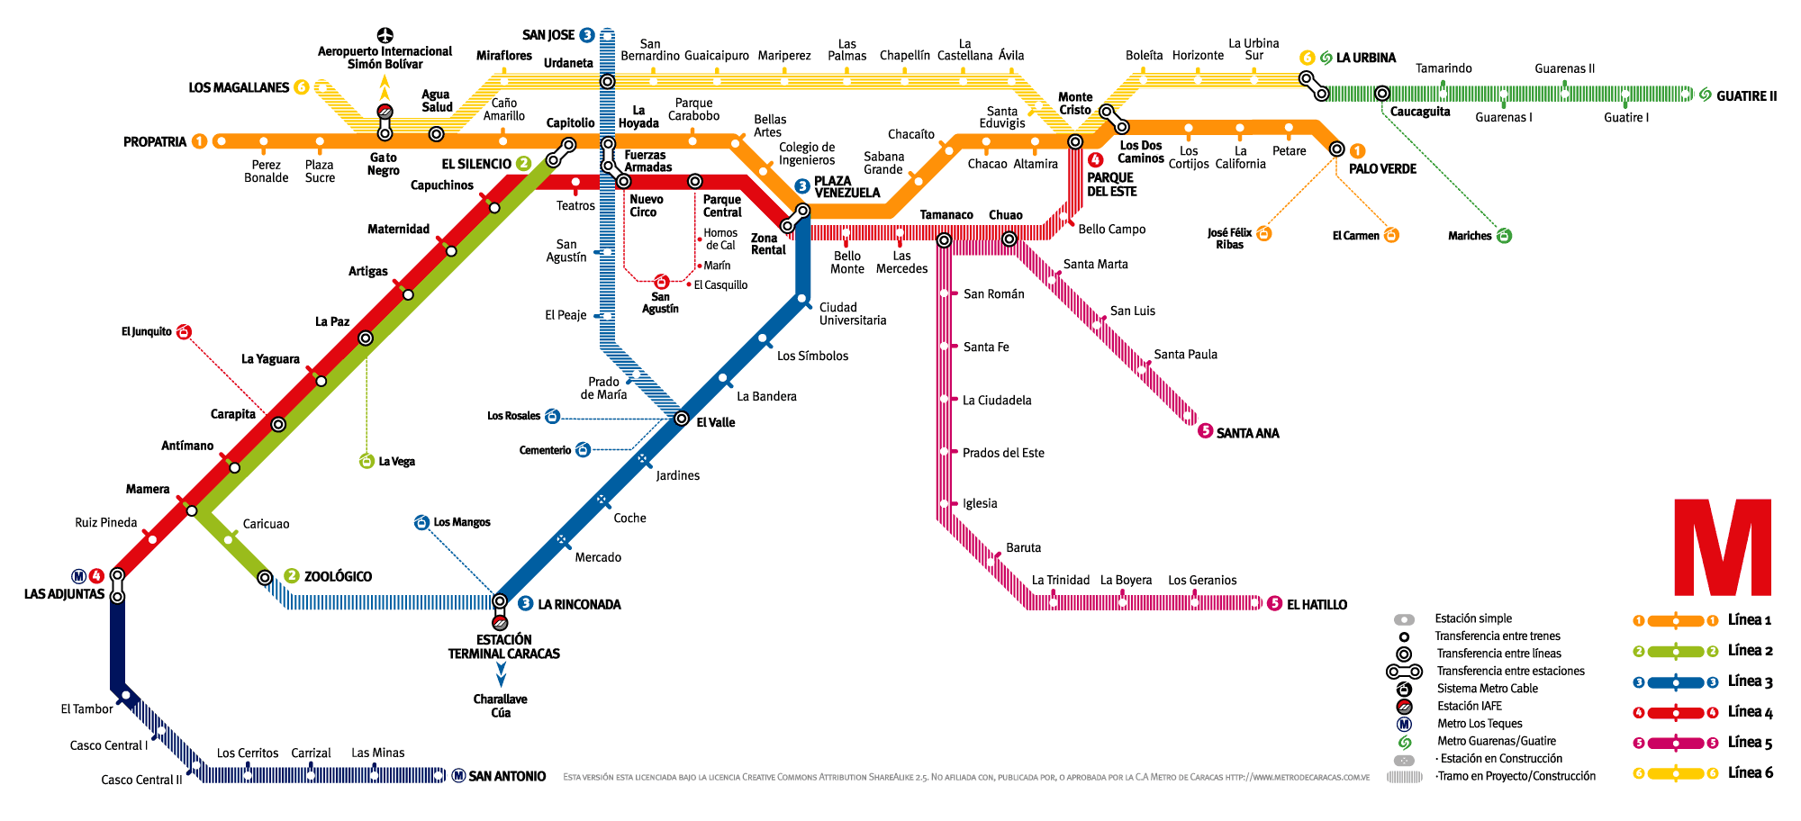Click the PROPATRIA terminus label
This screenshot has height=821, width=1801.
click(x=155, y=142)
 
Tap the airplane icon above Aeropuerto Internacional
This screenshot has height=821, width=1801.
click(x=385, y=35)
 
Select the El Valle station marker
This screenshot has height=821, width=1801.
click(x=682, y=420)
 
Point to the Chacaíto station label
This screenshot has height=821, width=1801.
click(x=911, y=134)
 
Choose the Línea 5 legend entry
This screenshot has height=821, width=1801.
click(x=1750, y=743)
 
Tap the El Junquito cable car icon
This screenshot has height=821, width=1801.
click(x=184, y=332)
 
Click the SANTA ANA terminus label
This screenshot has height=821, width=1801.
click(x=1247, y=433)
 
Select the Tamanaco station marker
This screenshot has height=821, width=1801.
click(x=944, y=240)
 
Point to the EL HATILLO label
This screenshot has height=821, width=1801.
click(x=1317, y=605)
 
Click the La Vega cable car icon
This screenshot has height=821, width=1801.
click(x=367, y=462)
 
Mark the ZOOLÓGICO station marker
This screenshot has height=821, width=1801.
click(x=265, y=577)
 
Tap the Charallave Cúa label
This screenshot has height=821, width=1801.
click(x=501, y=706)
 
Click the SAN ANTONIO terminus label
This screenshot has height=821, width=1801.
click(x=507, y=776)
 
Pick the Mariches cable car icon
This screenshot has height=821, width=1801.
click(x=1504, y=236)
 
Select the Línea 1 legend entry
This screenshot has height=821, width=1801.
click(x=1750, y=620)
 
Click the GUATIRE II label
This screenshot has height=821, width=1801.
click(x=1746, y=96)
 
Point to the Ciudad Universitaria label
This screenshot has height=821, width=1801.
click(x=853, y=314)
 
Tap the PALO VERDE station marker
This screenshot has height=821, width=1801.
click(x=1337, y=149)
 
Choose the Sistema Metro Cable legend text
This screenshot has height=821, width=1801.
click(x=1488, y=689)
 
